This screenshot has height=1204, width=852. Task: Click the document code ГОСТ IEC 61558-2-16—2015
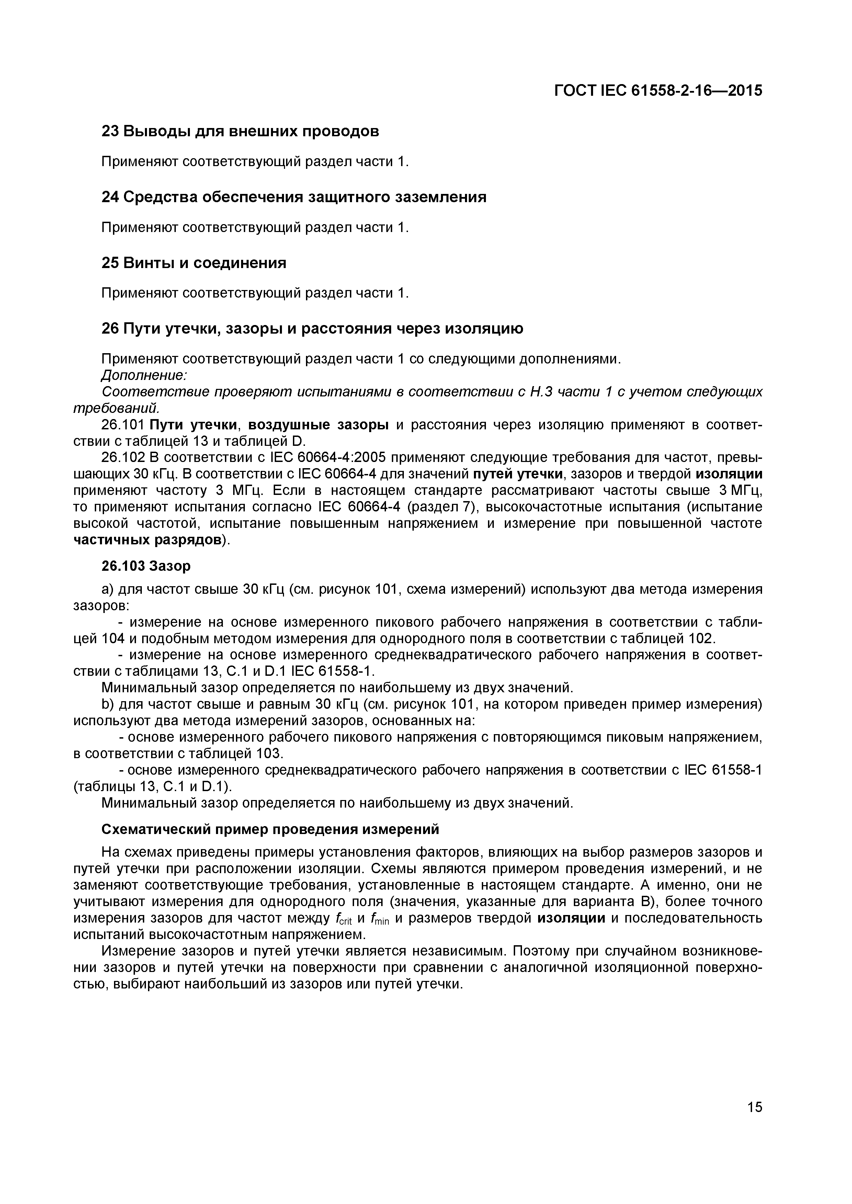(658, 91)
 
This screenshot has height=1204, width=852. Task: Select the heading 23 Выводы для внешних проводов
(240, 131)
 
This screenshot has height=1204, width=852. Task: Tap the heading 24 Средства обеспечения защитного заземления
(294, 197)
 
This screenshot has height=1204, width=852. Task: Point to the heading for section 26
(312, 329)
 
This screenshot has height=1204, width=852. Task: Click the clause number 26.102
(123, 457)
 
